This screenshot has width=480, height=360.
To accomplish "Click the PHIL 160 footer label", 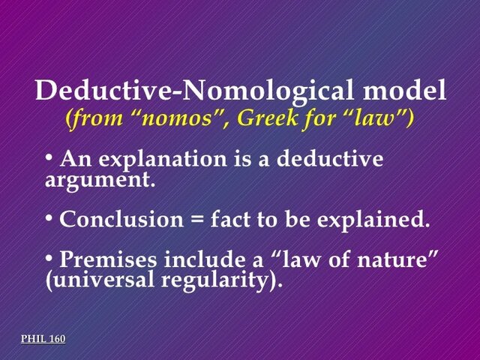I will [x=43, y=339].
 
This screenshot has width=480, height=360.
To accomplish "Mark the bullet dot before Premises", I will [x=49, y=259].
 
